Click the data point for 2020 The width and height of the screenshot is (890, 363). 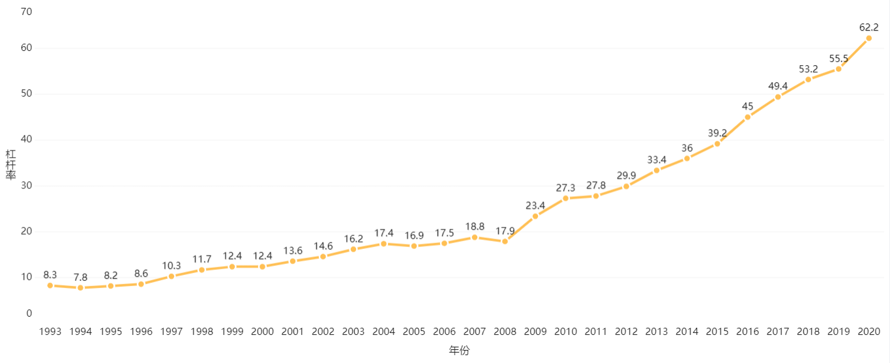868,38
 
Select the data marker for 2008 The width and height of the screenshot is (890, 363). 505,242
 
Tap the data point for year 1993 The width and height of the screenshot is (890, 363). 50,285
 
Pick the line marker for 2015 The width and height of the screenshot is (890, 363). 717,144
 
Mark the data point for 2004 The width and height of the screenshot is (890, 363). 383,244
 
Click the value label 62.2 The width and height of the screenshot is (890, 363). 868,27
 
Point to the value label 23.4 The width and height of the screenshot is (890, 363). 535,206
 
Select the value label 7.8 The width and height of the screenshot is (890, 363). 80,278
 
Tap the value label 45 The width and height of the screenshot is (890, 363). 747,106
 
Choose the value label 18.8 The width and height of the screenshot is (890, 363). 475,227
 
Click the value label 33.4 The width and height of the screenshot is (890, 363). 657,160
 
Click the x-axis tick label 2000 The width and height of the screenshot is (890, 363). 262,332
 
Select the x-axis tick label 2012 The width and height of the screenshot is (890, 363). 626,332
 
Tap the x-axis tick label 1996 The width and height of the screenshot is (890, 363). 141,332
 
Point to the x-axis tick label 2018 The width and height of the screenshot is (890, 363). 808,332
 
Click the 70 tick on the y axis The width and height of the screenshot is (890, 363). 27,12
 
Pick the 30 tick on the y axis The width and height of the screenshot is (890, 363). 27,186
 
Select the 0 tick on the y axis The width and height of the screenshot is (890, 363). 29,313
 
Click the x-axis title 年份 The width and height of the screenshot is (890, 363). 459,351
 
